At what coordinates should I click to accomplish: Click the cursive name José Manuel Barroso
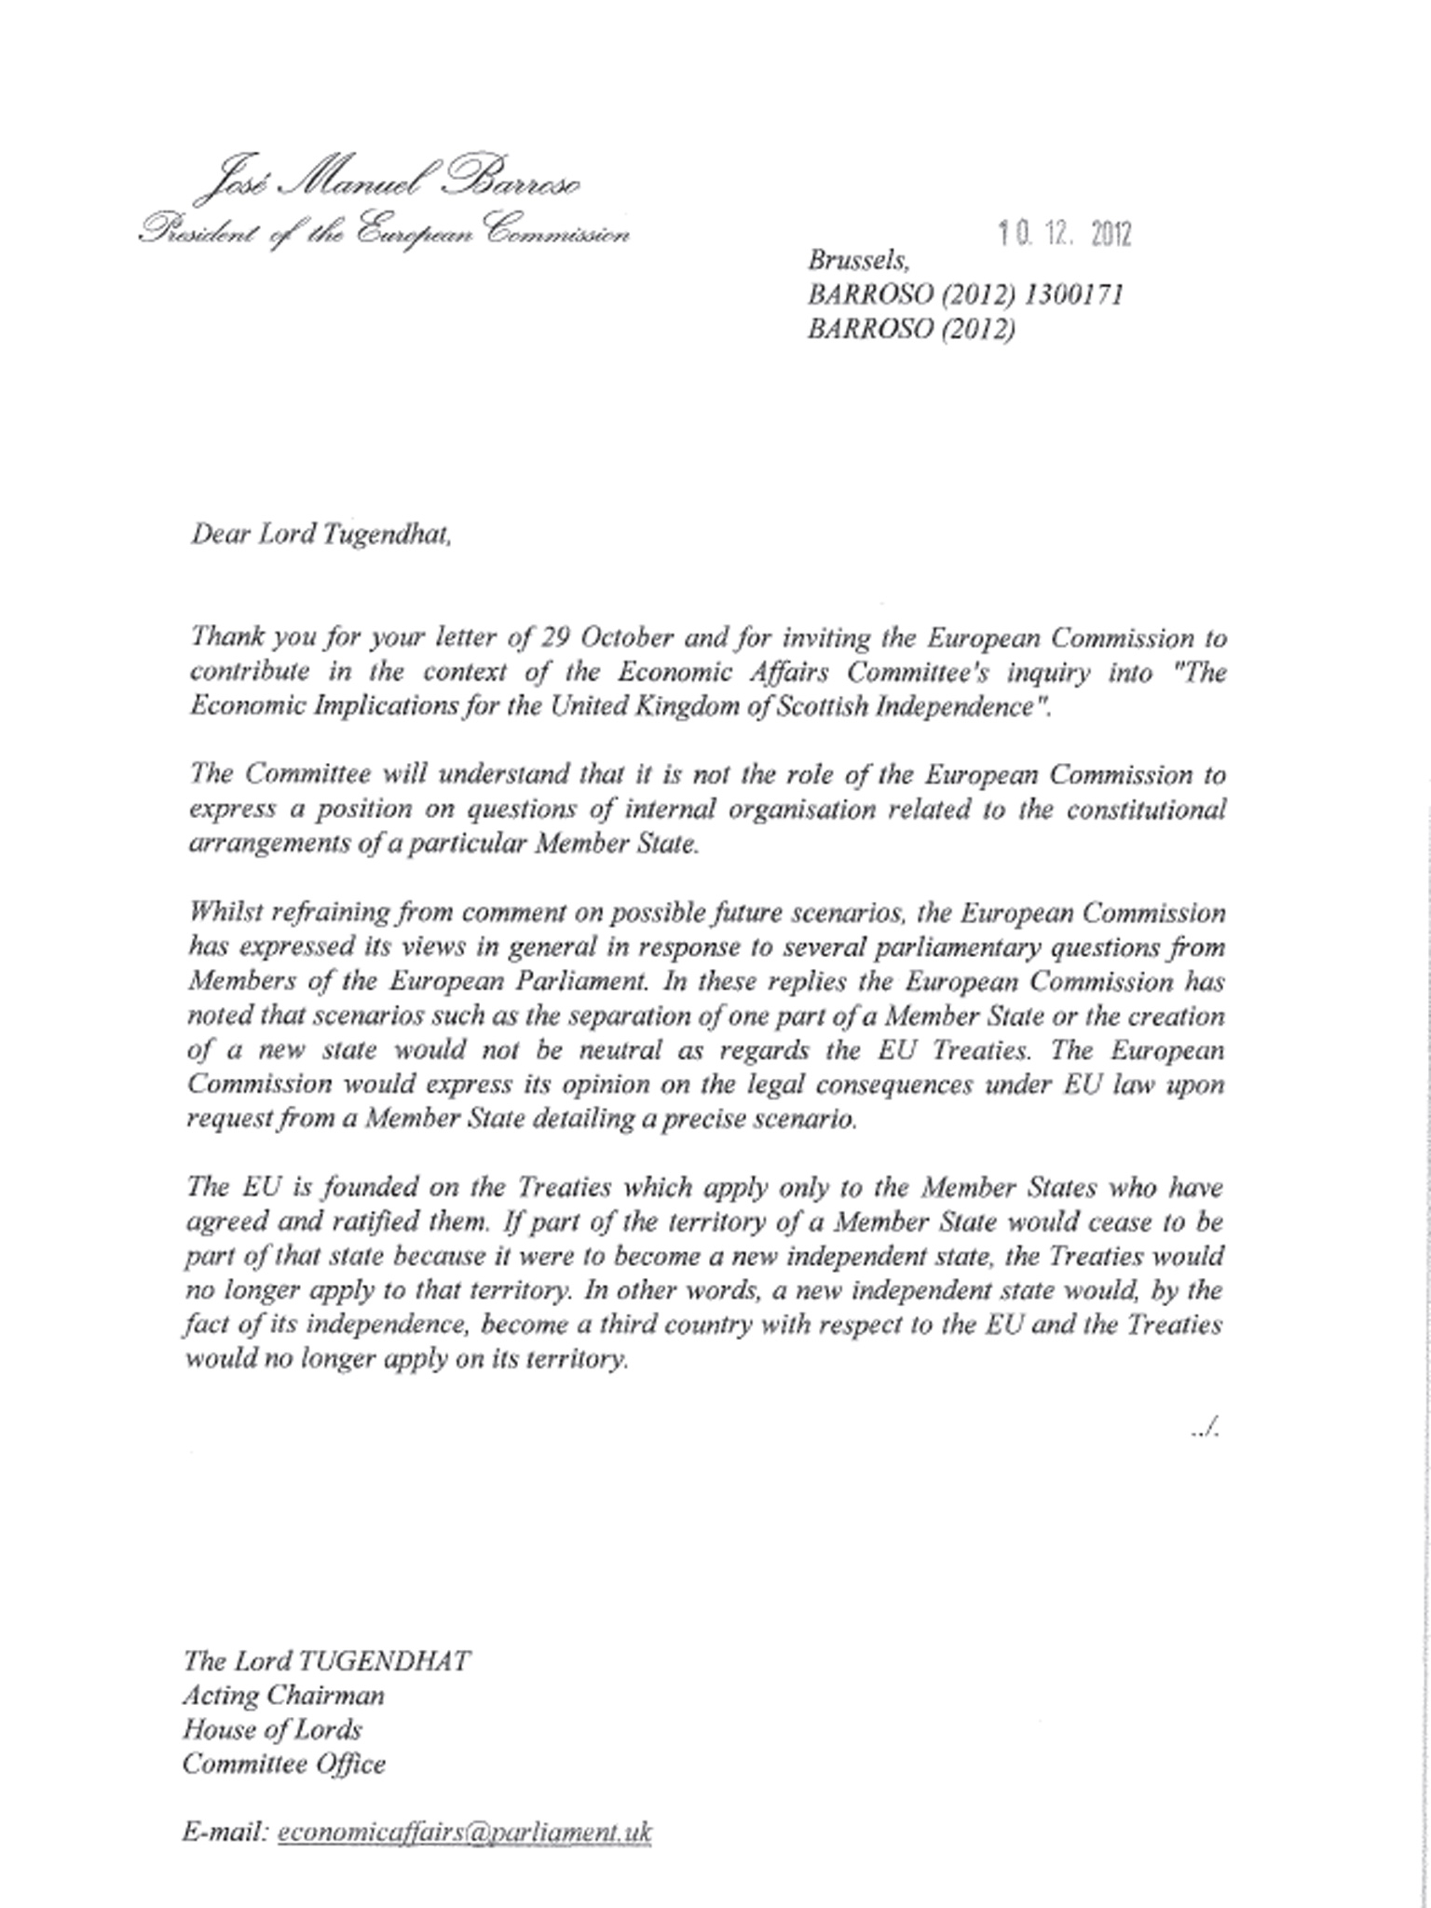(x=388, y=181)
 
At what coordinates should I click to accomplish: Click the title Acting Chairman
(x=283, y=1695)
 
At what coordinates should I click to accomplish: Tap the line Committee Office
(x=284, y=1764)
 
